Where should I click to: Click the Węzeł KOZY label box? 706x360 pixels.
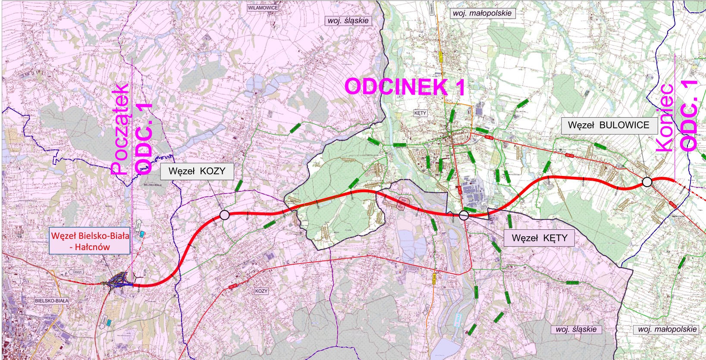click(197, 171)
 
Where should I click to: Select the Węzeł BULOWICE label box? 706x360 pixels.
click(609, 125)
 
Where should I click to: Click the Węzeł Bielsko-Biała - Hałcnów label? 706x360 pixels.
click(90, 241)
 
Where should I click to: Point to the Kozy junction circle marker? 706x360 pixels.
click(224, 215)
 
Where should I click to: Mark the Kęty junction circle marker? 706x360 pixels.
click(464, 216)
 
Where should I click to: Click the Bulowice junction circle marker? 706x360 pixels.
click(647, 182)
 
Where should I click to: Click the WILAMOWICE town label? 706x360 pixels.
click(263, 8)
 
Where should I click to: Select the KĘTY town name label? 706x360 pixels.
click(420, 113)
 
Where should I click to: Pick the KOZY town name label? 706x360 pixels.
click(261, 291)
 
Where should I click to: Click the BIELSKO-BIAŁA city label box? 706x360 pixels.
click(52, 301)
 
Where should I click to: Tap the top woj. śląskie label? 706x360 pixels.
click(348, 20)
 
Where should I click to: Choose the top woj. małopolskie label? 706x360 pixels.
click(482, 13)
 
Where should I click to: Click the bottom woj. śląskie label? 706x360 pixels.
click(576, 329)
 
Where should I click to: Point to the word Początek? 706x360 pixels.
click(120, 129)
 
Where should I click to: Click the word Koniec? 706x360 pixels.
click(665, 117)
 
